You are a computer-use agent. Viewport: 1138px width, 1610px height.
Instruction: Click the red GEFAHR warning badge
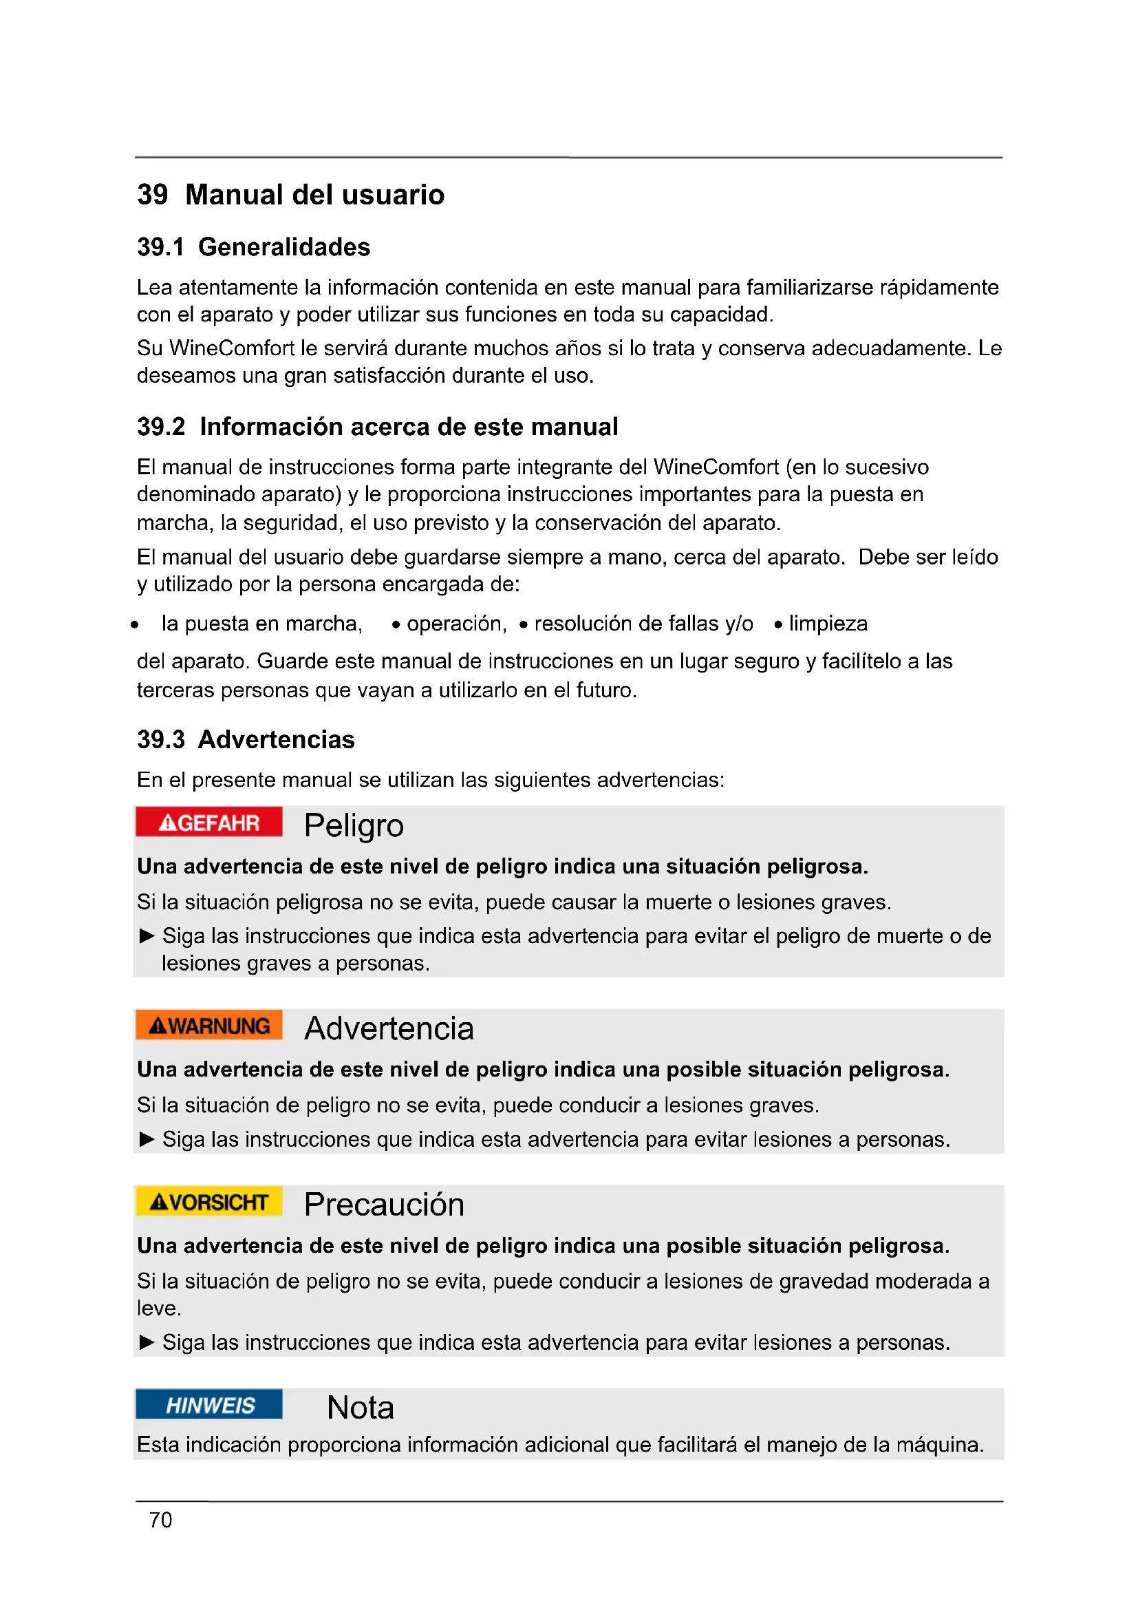209,822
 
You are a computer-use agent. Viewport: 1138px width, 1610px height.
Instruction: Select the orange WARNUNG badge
209,1025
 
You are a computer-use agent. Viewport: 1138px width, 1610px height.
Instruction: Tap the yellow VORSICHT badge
209,1201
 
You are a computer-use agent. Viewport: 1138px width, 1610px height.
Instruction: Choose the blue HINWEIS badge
209,1405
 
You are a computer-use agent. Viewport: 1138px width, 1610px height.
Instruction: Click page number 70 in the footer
160,1521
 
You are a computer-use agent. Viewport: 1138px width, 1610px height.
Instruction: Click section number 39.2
160,426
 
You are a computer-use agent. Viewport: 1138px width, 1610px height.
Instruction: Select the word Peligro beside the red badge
354,825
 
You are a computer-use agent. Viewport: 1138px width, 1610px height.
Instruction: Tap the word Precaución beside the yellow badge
384,1205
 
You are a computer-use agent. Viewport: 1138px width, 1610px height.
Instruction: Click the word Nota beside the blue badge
360,1408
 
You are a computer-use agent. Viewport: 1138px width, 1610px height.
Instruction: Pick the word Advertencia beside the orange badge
389,1028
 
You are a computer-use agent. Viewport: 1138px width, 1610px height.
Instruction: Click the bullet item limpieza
828,624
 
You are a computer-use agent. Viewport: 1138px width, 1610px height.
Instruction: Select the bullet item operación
455,624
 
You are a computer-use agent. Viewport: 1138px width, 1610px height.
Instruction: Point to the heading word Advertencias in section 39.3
276,740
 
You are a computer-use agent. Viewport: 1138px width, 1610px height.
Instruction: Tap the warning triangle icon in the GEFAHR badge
167,823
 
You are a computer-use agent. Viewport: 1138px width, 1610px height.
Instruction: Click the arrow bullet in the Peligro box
147,936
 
